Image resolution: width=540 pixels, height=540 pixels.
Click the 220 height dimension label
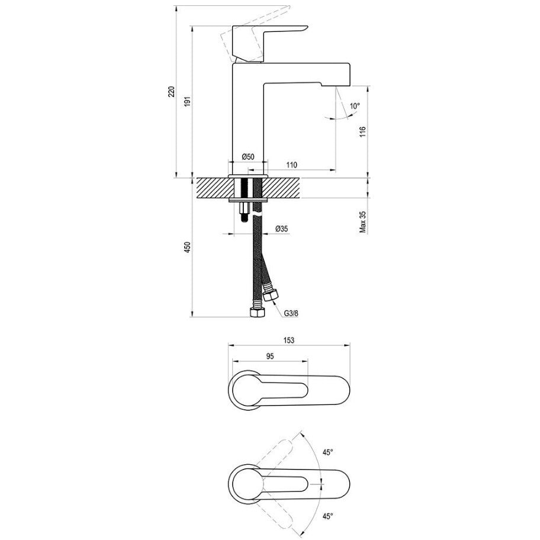172,92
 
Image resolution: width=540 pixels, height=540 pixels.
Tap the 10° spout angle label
355,106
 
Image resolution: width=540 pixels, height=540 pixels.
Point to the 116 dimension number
362,132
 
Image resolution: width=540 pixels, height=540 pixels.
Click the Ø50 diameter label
248,157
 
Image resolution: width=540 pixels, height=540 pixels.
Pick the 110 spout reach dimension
291,165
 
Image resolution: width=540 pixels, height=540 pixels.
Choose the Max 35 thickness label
363,222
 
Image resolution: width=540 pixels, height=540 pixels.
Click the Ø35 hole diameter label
282,229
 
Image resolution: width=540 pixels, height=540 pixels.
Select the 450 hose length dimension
187,248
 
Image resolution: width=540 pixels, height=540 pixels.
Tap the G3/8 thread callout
291,313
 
